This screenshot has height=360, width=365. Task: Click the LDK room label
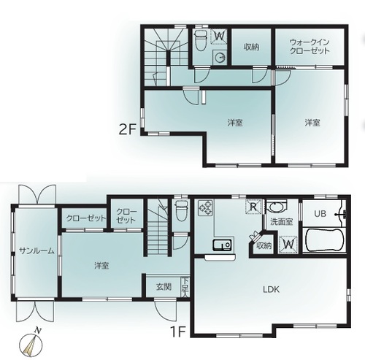[x=271, y=289]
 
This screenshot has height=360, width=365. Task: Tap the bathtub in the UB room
[x=324, y=240]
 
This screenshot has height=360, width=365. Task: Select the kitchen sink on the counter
[x=222, y=245]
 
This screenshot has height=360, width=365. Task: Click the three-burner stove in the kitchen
[x=205, y=207]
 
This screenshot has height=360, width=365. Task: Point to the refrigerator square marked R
[x=254, y=207]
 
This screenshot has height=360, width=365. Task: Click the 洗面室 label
[x=282, y=221]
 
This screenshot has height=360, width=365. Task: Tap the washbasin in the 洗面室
[x=277, y=207]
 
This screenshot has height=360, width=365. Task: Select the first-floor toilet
[x=180, y=210]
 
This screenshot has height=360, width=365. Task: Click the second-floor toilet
[x=201, y=40]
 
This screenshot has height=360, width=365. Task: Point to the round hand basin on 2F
[x=220, y=58]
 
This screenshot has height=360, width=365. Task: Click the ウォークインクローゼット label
[x=310, y=46]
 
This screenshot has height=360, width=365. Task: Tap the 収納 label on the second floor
[x=251, y=47]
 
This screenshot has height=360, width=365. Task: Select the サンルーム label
[x=36, y=250]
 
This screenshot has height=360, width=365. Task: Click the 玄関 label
[x=164, y=287]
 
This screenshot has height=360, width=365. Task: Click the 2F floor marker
[x=127, y=129]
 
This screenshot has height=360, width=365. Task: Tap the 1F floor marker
[x=178, y=332]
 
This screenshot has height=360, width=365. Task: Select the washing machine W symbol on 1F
[x=288, y=244]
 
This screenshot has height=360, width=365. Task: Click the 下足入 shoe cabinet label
[x=185, y=287]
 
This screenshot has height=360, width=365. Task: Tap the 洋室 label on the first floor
[x=101, y=266]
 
